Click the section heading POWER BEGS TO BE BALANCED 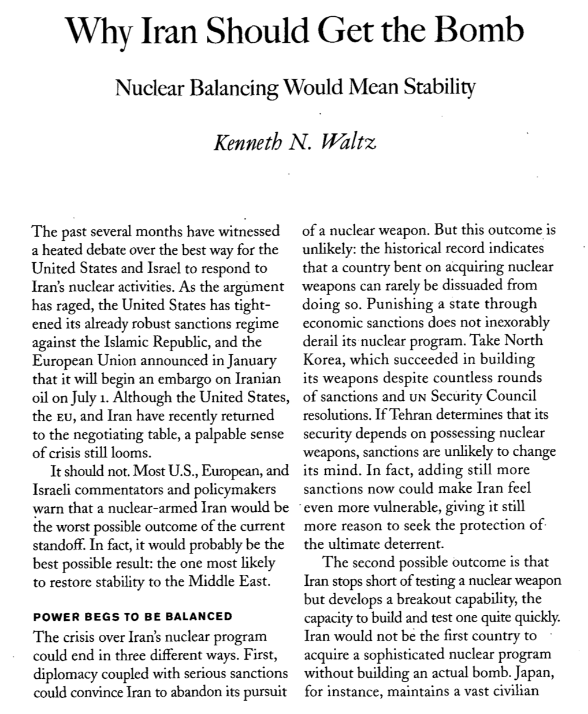point(133,616)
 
